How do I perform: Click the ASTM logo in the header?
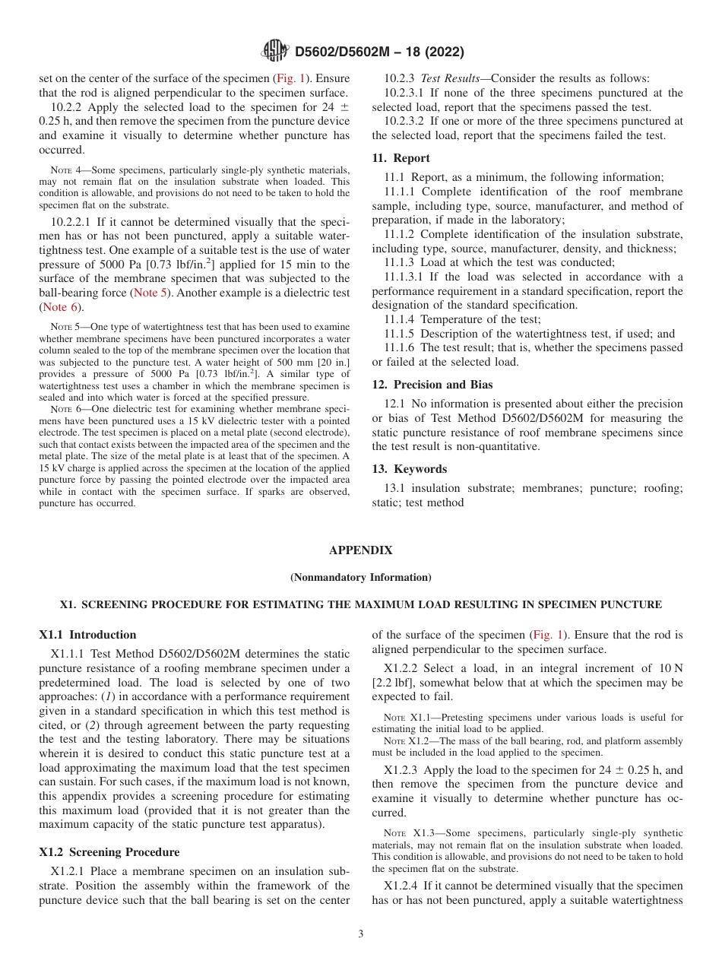coord(275,51)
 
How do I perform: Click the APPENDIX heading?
coord(361,550)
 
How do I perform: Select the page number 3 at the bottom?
coord(361,934)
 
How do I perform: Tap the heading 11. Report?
coord(401,158)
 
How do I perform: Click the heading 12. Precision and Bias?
coord(432,384)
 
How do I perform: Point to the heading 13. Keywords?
coord(409,468)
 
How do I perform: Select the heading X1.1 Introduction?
coord(87,635)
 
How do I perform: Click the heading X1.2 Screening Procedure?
coord(110,851)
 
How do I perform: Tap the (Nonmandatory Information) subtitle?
coord(361,578)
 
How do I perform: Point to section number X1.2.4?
coord(403,886)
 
